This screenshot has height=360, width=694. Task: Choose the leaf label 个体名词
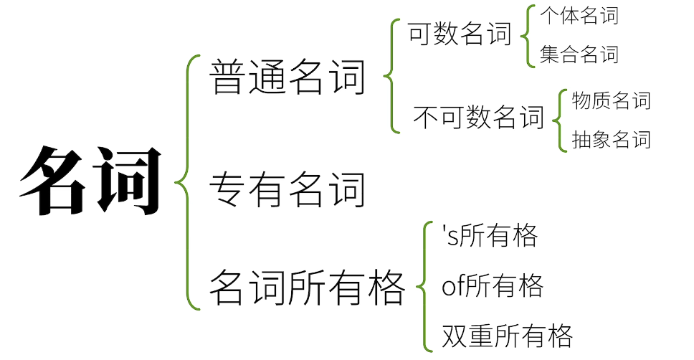[x=579, y=16]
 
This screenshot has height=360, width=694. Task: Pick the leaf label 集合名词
[x=579, y=55]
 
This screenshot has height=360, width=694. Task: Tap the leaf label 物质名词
[x=611, y=101]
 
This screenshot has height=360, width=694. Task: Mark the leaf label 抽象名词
[x=611, y=139]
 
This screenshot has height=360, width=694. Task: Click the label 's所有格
[x=490, y=236]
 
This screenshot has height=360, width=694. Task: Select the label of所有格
[x=493, y=286]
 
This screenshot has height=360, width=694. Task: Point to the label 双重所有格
[x=507, y=336]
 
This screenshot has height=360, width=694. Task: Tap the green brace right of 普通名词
[x=391, y=76]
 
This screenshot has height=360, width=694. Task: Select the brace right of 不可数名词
[x=558, y=120]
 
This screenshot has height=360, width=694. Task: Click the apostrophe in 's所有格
[x=445, y=230]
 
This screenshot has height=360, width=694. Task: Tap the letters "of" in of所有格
[x=453, y=287]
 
